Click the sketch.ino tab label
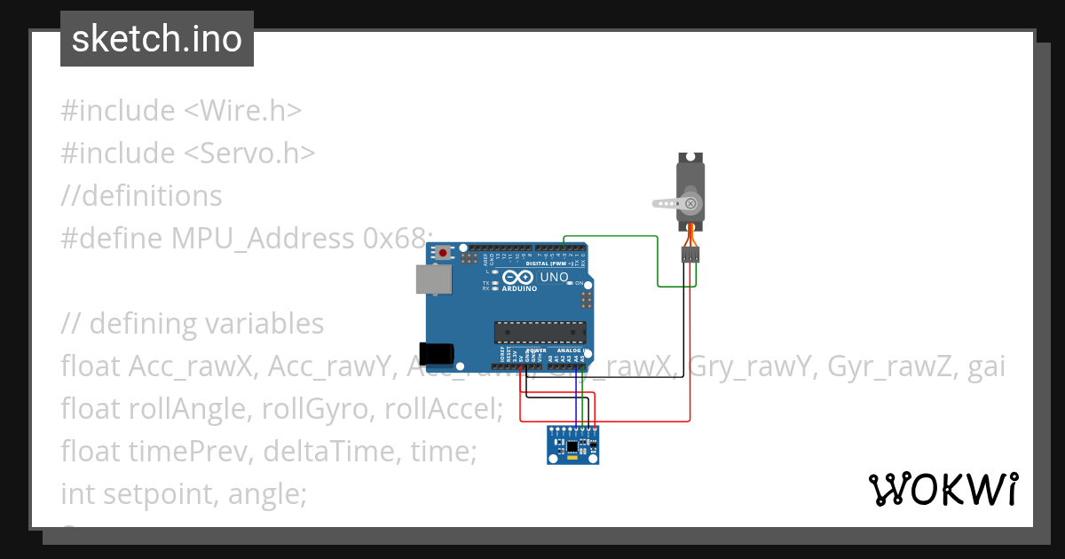tap(156, 39)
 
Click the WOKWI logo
tap(943, 489)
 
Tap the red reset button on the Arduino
tap(443, 254)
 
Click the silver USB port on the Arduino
tap(434, 279)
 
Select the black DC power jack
tap(438, 353)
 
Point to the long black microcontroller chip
tap(541, 333)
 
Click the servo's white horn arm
tap(665, 203)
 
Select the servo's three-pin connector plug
tap(690, 256)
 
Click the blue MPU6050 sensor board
tap(572, 445)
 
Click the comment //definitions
tap(141, 195)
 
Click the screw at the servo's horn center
tap(690, 204)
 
